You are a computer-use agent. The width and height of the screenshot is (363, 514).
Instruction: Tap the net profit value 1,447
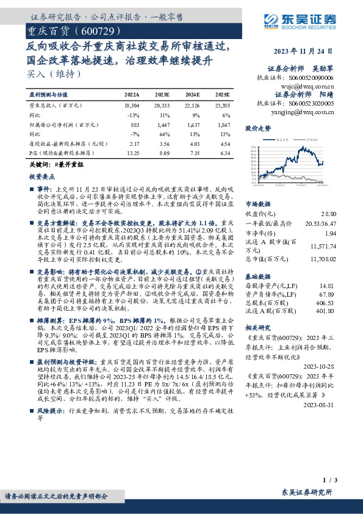point(163,125)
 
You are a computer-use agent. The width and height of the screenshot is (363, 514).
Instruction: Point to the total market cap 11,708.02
point(324,258)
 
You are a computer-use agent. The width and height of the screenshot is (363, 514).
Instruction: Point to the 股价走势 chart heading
point(257,129)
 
